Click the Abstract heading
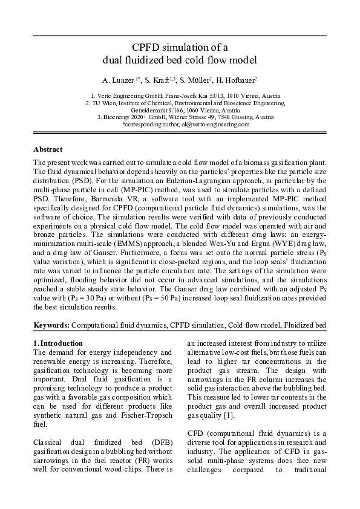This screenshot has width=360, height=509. tap(48, 149)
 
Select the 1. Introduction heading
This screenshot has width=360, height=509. tap(57, 343)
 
